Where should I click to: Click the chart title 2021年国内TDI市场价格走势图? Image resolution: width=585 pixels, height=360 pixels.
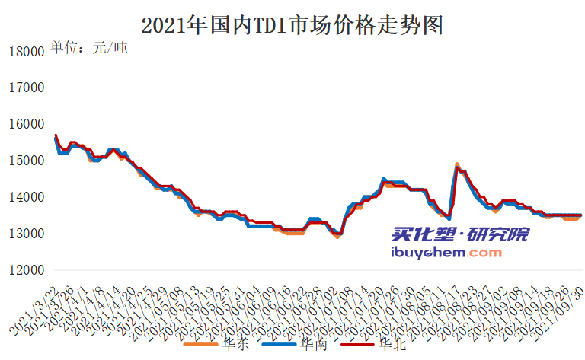292,25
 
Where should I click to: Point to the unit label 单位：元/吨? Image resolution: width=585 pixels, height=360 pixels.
88,48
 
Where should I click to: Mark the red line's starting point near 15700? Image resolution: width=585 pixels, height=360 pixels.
56,136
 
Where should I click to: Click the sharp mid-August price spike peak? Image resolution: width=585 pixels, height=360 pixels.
456,166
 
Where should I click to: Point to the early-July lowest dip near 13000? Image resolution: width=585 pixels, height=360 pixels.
337,235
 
